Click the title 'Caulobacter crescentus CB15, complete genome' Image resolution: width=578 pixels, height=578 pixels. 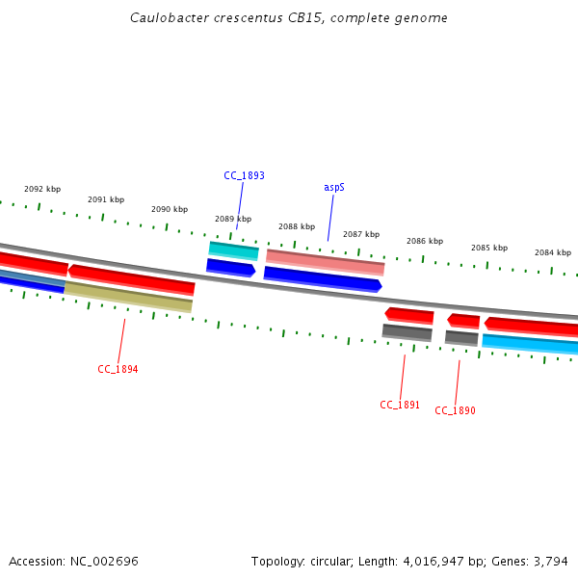coord(289,18)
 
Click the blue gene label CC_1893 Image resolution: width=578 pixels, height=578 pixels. coord(244,175)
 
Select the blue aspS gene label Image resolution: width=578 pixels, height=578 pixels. coord(334,187)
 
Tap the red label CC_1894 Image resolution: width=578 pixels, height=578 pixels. coord(118,369)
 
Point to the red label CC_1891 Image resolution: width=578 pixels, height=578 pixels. coord(400,405)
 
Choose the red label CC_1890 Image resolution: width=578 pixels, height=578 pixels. coord(455,410)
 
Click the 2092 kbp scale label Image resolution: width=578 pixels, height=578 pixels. coord(42,189)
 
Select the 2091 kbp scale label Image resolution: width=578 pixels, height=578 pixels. coord(106,199)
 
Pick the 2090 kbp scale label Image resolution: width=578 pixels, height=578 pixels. coord(170,209)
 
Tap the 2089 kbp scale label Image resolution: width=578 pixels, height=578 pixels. coord(233,219)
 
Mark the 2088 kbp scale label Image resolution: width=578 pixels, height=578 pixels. coord(297,226)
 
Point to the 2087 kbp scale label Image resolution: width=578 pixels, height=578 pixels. coord(361,234)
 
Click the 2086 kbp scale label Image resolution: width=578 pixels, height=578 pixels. coord(425,241)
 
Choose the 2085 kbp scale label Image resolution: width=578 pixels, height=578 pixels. coord(489,248)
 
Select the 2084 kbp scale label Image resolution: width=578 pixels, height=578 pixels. coord(553,252)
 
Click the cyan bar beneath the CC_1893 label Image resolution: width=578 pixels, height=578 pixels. coord(234,250)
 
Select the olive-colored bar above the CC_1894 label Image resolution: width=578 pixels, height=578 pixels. coord(128,298)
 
